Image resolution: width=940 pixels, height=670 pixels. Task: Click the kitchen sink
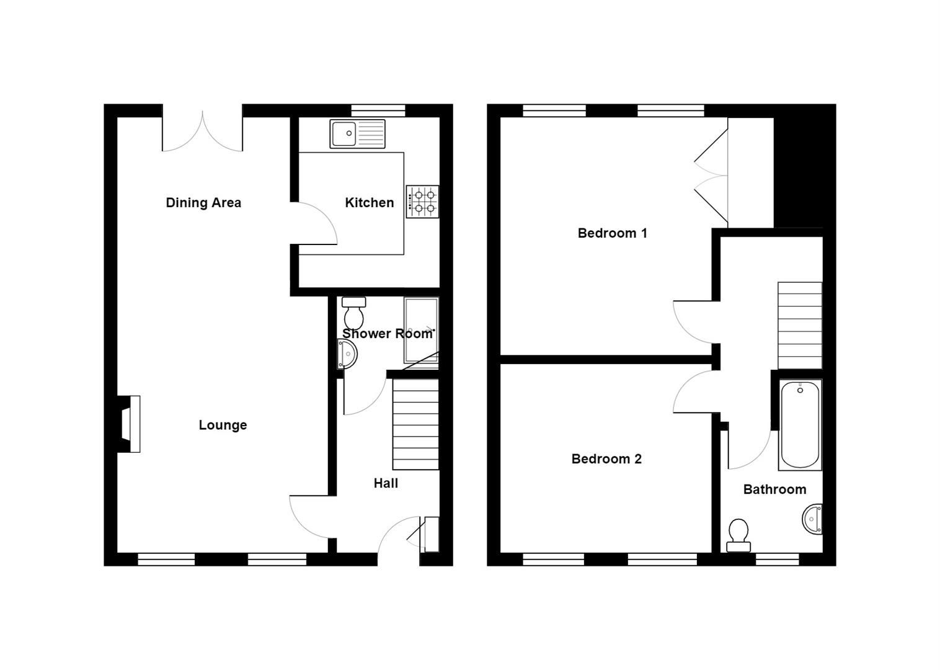tap(357, 134)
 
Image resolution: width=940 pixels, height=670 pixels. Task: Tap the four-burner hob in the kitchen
tap(422, 202)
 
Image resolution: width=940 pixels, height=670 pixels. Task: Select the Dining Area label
tap(203, 203)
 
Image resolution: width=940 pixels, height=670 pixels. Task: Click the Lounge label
tap(223, 425)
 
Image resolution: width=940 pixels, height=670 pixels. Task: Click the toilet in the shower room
tap(354, 313)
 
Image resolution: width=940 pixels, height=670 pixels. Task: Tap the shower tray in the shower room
tap(421, 331)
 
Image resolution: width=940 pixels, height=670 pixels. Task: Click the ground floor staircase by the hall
tap(415, 425)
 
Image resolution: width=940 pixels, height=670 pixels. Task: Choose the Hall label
tap(386, 483)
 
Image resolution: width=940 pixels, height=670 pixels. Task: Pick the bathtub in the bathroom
tap(800, 425)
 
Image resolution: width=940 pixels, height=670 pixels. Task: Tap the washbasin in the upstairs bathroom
tap(813, 519)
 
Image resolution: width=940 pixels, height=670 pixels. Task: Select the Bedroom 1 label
tap(612, 233)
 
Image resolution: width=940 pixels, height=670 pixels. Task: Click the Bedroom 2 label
tap(606, 459)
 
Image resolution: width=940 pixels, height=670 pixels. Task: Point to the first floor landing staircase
tap(800, 326)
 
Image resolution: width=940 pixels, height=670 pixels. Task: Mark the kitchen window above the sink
tap(378, 110)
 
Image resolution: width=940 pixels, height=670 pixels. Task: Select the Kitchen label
tap(369, 203)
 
